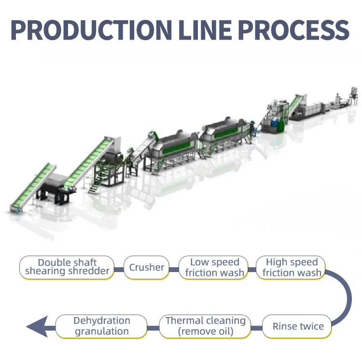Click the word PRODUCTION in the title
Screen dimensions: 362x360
point(91,30)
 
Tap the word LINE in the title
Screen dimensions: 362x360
point(205,30)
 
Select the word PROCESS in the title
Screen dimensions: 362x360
point(293,30)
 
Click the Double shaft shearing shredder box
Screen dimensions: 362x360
point(67,267)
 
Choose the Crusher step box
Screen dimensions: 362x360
point(146,267)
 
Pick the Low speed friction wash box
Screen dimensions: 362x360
point(213,267)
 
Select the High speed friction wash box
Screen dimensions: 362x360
point(291,267)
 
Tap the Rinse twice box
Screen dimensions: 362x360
point(297,326)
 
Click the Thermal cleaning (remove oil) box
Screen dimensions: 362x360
point(205,326)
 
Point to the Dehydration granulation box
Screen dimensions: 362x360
point(101,326)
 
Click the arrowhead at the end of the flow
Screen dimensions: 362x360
point(37,327)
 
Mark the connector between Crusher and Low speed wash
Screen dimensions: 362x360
point(174,270)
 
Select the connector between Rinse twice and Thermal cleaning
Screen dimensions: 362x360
point(256,328)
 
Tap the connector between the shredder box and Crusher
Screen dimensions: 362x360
point(119,270)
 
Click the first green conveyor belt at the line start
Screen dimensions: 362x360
point(33,187)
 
